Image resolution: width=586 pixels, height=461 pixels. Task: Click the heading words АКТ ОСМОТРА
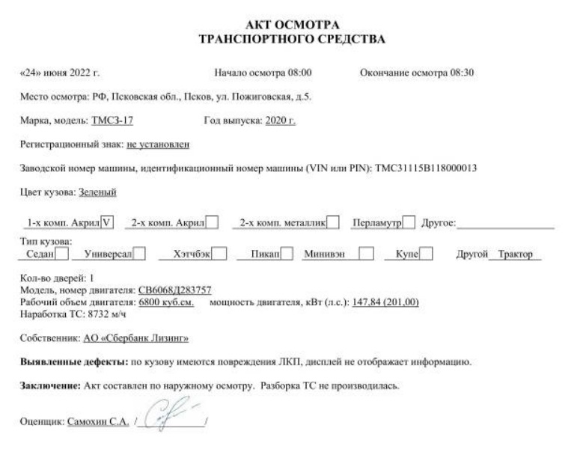[293, 25]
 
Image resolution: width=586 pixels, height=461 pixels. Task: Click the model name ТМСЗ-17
[113, 119]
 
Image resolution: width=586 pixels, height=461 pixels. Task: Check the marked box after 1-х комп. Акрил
[109, 221]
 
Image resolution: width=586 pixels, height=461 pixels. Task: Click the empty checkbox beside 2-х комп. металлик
[333, 221]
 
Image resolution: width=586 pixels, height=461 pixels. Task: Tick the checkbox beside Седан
[62, 254]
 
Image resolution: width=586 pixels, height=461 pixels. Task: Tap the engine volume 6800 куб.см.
[167, 301]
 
